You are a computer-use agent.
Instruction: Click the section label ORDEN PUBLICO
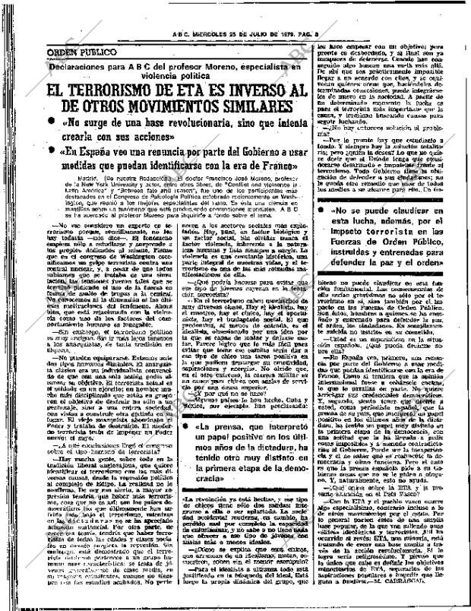tap(82, 52)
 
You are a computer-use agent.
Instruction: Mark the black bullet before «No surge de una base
tap(51, 125)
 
